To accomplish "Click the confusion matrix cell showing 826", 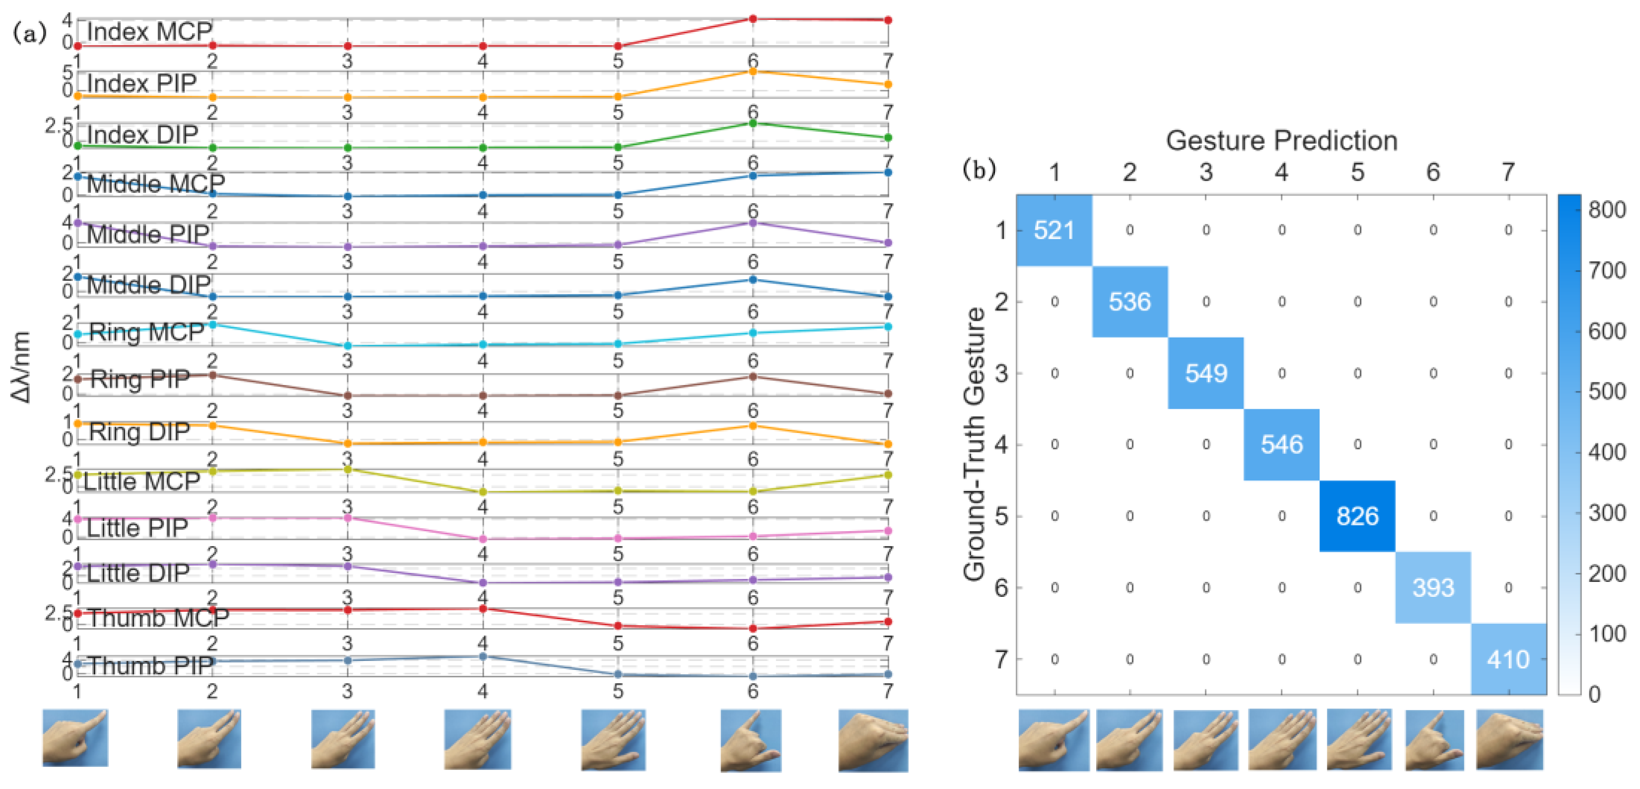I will pos(1357,516).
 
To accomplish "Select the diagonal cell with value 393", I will pos(1433,587).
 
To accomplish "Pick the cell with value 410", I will pos(1508,659).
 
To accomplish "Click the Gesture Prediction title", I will pos(1282,141).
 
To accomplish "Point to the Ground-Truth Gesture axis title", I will pos(975,444).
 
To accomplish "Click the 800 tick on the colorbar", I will pos(1606,210).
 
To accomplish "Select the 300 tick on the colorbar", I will pos(1606,512).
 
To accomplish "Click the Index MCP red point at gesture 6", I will pos(753,19).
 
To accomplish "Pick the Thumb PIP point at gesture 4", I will pos(483,656).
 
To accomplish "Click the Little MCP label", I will pos(141,482).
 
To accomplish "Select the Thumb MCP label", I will pos(158,618).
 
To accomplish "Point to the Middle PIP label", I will pos(148,234).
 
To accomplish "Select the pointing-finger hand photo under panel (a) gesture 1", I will pos(75,737).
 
